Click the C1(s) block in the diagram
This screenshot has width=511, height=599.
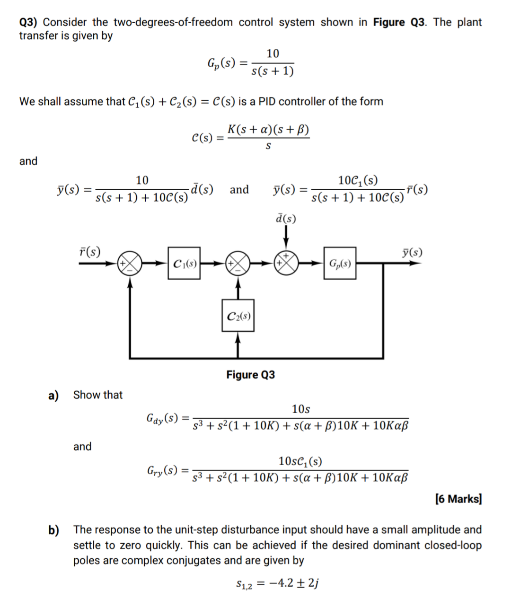pyautogui.click(x=184, y=263)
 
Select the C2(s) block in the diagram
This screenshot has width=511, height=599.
pyautogui.click(x=238, y=316)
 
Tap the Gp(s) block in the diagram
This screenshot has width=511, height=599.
pyautogui.click(x=340, y=263)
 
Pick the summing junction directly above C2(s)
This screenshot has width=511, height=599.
pyautogui.click(x=238, y=263)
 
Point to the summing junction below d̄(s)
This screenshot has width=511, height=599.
pyautogui.click(x=286, y=263)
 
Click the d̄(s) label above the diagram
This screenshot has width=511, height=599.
pyautogui.click(x=286, y=219)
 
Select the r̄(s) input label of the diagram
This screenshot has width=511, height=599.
pyautogui.click(x=89, y=251)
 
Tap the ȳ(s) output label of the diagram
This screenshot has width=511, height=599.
pyautogui.click(x=412, y=252)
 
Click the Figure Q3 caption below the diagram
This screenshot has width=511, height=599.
pyautogui.click(x=250, y=375)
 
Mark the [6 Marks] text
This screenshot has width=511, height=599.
pyautogui.click(x=458, y=499)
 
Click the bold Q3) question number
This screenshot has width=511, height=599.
pyautogui.click(x=28, y=22)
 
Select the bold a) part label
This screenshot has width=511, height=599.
pyautogui.click(x=53, y=395)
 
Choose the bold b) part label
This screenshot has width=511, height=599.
pyautogui.click(x=53, y=530)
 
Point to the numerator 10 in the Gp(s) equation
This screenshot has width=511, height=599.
pyautogui.click(x=273, y=53)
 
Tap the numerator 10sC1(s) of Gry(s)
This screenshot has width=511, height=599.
pyautogui.click(x=300, y=461)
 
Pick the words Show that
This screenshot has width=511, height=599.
pyautogui.click(x=97, y=395)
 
